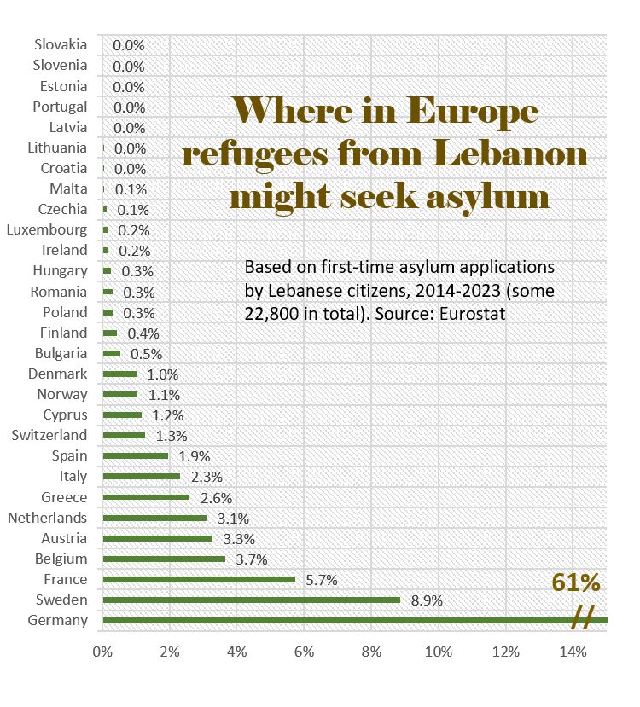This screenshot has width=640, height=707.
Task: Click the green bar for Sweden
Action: [251, 600]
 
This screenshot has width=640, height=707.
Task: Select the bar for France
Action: [198, 579]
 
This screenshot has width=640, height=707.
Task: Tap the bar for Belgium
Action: [164, 559]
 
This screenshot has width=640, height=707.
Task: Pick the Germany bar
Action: [341, 620]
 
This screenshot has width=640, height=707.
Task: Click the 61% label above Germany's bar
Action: [576, 584]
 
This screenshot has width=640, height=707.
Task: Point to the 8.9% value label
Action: [427, 600]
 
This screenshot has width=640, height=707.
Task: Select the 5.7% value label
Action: [322, 580]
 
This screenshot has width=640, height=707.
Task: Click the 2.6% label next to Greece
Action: [216, 498]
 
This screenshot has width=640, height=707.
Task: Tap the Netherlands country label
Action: [47, 518]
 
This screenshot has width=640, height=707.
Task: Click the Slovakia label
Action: [61, 44]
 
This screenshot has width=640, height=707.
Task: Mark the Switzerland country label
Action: [49, 435]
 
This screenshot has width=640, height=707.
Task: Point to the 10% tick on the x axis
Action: [439, 652]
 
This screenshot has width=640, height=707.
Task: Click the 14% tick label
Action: [573, 652]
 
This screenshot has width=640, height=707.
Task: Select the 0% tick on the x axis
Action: [102, 652]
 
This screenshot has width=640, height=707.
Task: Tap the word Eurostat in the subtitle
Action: [473, 313]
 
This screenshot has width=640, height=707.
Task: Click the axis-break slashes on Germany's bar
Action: [583, 618]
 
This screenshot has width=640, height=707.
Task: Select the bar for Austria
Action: [157, 538]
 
